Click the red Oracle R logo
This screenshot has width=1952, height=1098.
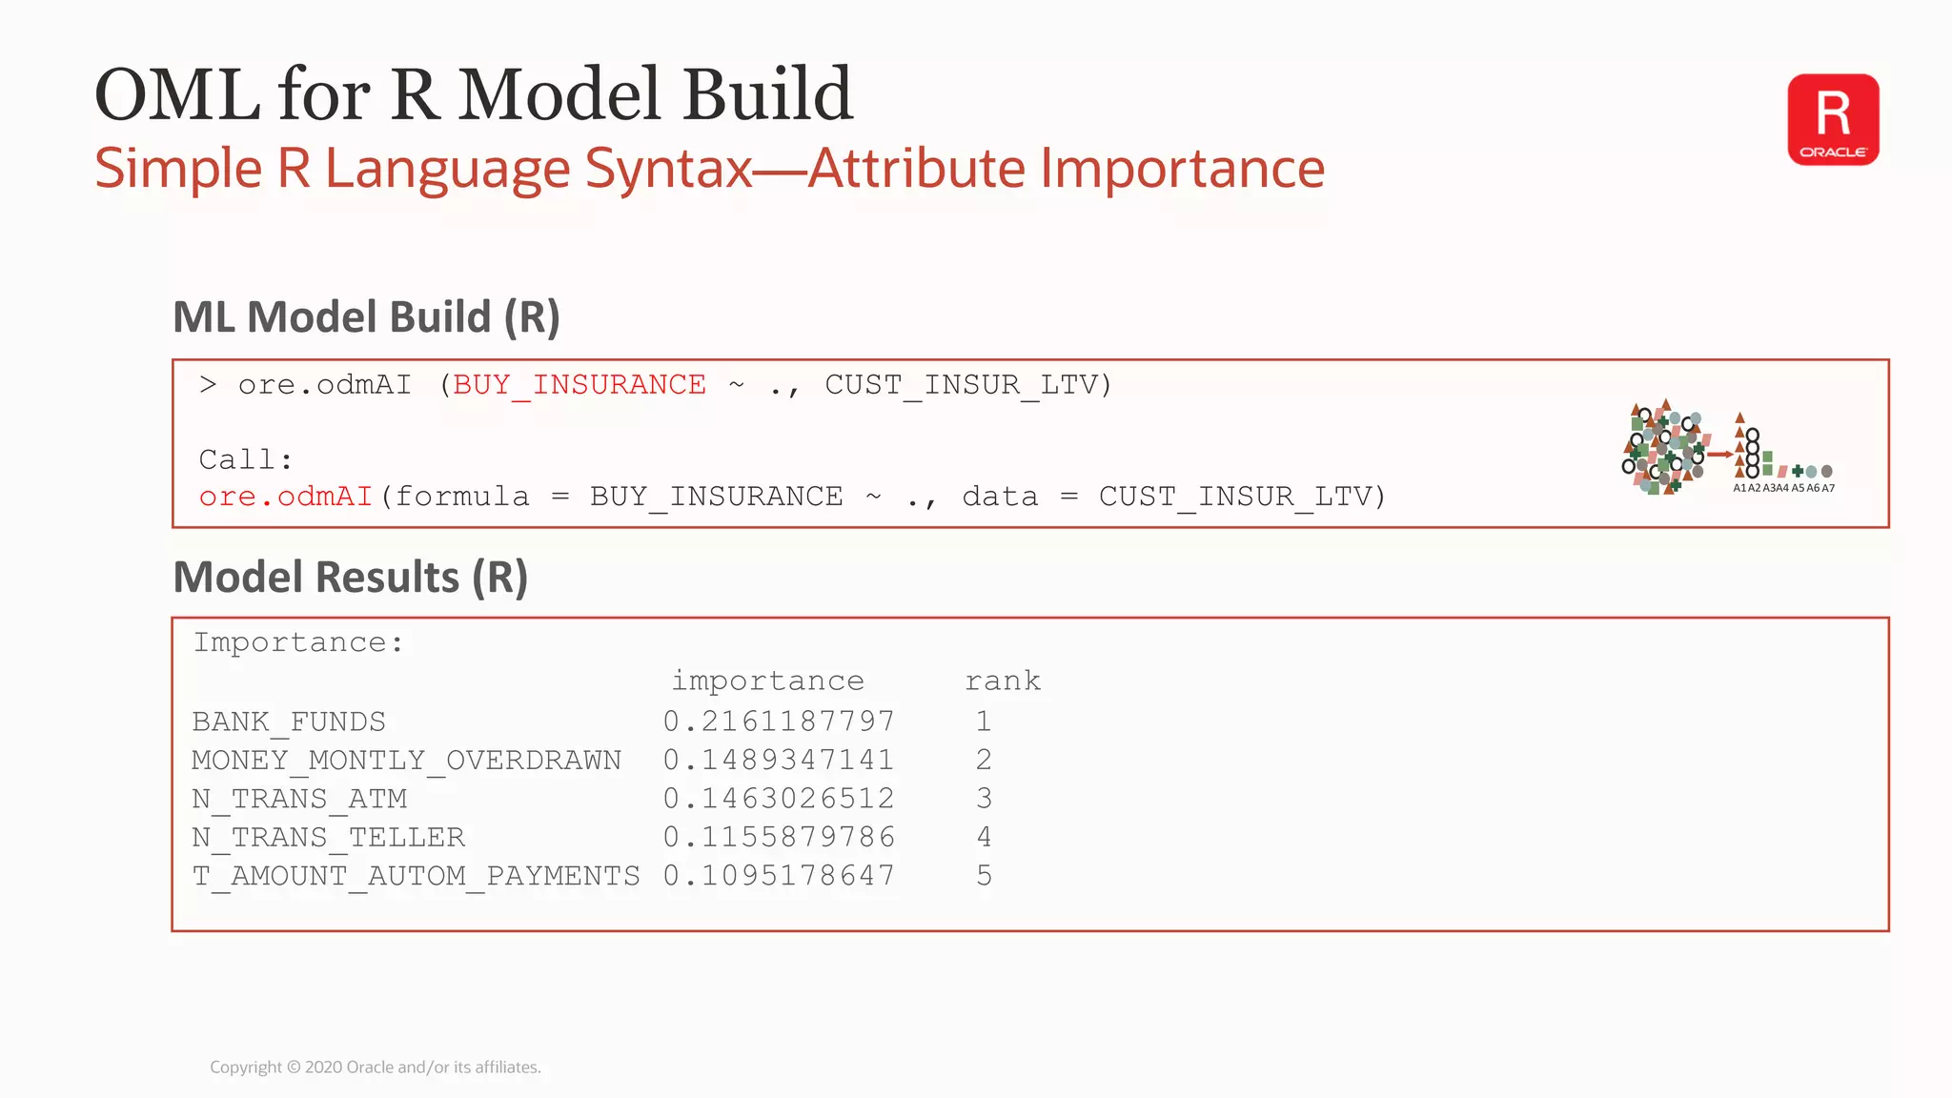pos(1833,120)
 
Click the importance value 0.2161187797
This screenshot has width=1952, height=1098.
pos(779,722)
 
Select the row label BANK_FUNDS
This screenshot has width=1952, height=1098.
pos(289,722)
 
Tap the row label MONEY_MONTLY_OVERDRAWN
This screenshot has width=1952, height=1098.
pos(406,761)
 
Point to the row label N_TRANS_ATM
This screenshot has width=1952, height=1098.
pos(299,799)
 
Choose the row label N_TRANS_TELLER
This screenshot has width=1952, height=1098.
pos(328,838)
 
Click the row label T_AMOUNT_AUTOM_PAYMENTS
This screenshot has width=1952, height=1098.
pos(416,876)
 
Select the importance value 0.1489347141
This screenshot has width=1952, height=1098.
pos(779,761)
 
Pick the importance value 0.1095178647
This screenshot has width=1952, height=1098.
pos(779,876)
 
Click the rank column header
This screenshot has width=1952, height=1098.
pos(1003,681)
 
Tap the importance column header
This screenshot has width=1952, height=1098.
pos(767,681)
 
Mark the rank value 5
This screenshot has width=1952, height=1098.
pos(984,876)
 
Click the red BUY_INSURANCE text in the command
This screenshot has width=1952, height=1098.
pos(579,385)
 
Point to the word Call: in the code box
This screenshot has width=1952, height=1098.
pos(245,460)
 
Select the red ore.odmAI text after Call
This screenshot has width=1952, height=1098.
pos(285,498)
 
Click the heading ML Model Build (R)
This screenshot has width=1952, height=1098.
pos(366,317)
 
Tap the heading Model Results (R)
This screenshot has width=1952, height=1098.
pos(350,578)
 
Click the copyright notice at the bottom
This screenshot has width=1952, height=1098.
pos(375,1067)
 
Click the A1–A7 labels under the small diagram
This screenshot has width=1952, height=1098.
pos(1783,488)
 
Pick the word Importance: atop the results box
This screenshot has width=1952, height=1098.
pos(298,643)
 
